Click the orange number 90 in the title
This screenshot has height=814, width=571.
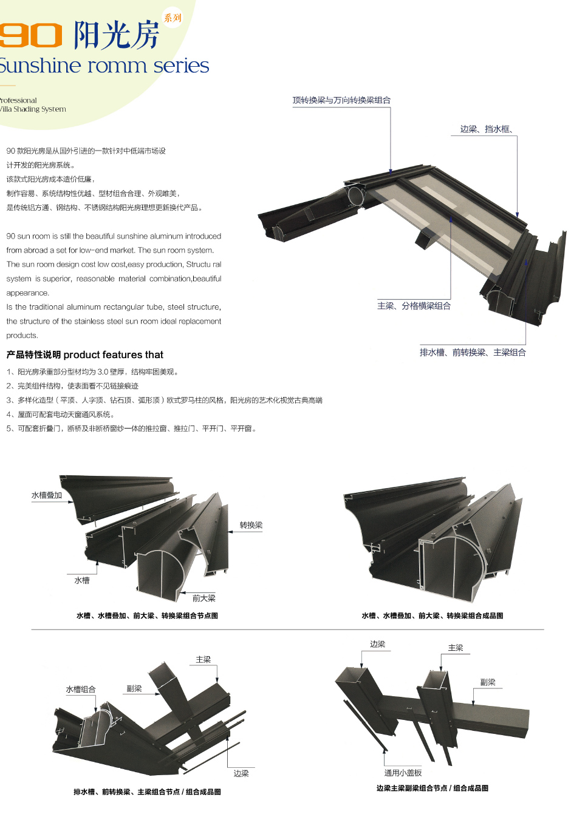click(30, 35)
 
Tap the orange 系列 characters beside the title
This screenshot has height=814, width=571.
click(172, 18)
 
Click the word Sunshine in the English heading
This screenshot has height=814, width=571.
click(39, 66)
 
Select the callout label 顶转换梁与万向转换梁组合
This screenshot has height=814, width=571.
click(341, 100)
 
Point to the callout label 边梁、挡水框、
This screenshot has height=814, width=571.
click(486, 129)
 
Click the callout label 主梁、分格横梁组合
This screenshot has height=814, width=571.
click(414, 306)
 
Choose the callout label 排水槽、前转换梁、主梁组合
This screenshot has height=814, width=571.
click(473, 352)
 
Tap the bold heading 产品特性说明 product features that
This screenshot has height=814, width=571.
click(85, 354)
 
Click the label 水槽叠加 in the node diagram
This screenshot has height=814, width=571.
click(47, 495)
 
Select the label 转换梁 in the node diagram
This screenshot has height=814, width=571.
click(251, 525)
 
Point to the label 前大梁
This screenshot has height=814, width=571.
click(203, 598)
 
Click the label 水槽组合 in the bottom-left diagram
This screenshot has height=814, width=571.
click(80, 690)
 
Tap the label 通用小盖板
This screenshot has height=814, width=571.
click(403, 773)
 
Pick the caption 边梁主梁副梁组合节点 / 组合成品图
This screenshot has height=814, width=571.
click(432, 788)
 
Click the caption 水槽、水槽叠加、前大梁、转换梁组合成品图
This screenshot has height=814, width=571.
click(432, 616)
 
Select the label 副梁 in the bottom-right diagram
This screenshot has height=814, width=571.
click(487, 682)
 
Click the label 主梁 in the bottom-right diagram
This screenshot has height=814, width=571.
click(456, 648)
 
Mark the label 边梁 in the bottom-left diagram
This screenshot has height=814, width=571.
click(241, 773)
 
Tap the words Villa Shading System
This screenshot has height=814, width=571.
click(33, 109)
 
